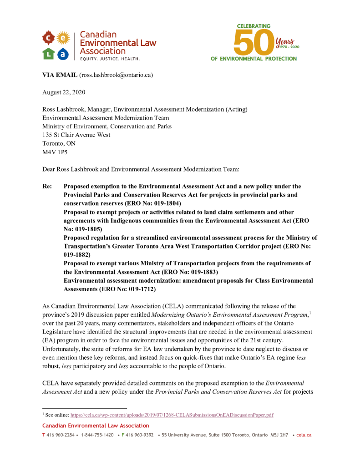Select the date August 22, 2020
pyautogui.click(x=64, y=92)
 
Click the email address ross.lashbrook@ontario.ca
pyautogui.click(x=116, y=75)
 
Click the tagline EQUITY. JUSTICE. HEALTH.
pyautogui.click(x=110, y=59)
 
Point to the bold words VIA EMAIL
pyautogui.click(x=60, y=75)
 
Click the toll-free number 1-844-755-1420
pyautogui.click(x=97, y=435)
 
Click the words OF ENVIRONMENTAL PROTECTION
pyautogui.click(x=254, y=59)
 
